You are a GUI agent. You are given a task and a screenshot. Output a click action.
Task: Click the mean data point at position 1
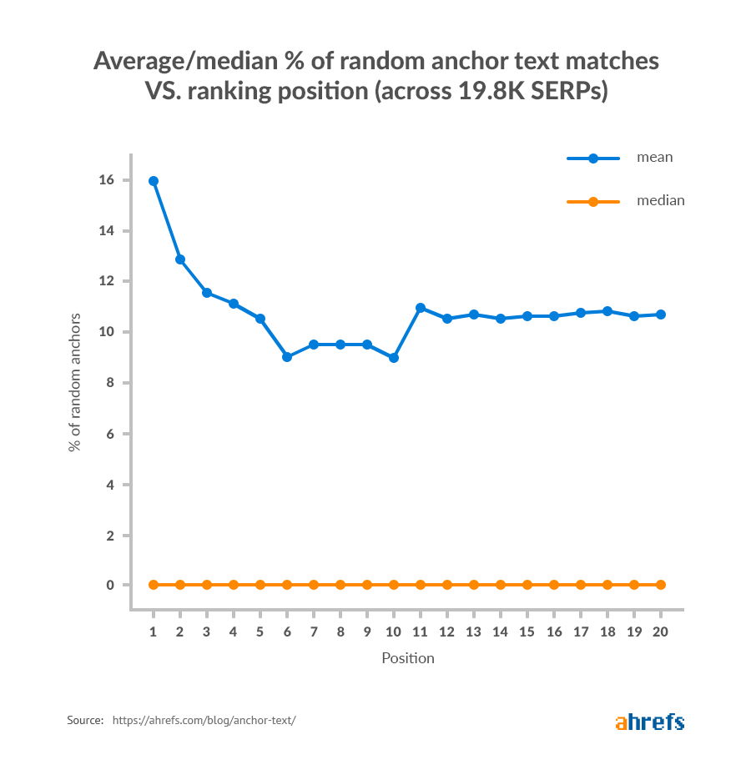tap(154, 181)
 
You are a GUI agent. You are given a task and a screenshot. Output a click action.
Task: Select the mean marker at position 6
tap(287, 357)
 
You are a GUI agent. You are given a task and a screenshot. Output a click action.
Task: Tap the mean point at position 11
tap(421, 308)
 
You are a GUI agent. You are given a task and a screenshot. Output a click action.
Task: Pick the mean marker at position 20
tap(661, 315)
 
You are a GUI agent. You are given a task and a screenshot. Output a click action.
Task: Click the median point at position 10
tap(394, 585)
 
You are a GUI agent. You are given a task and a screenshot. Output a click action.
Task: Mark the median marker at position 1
tap(154, 585)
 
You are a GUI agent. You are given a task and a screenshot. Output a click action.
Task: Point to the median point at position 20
tap(661, 585)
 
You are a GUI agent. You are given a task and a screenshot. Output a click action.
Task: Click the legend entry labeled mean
tap(654, 157)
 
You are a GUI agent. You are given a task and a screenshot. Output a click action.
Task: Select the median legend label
tap(660, 200)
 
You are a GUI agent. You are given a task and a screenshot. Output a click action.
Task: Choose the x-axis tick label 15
tap(527, 632)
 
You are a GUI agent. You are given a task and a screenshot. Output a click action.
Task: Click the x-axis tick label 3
tap(207, 632)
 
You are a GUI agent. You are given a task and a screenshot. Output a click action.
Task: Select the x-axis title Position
tap(408, 658)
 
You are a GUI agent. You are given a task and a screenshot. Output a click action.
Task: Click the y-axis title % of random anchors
tap(75, 383)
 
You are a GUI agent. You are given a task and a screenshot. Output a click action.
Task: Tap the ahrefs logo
tap(649, 722)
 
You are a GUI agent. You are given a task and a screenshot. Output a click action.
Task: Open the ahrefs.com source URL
tap(204, 719)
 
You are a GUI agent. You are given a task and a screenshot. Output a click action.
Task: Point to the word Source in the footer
tap(84, 719)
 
